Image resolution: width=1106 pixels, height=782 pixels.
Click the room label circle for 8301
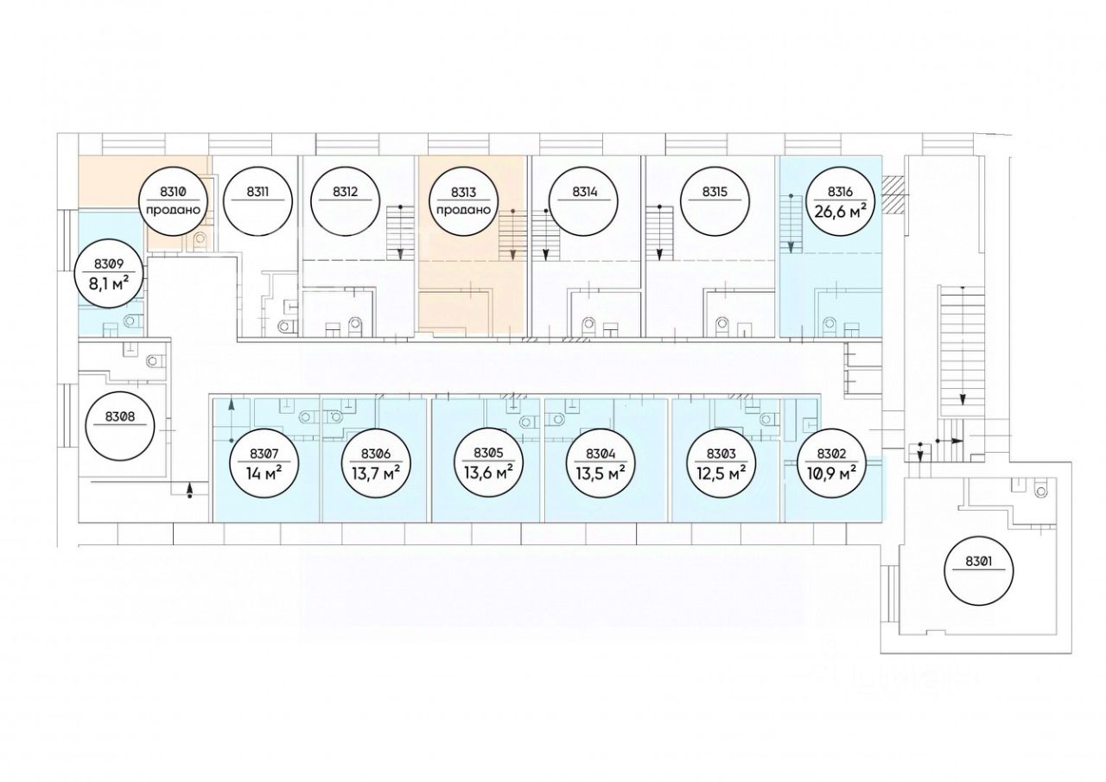[x=978, y=570]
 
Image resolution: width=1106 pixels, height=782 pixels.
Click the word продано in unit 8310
[x=174, y=210]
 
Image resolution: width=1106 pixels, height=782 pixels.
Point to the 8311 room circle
[x=257, y=201]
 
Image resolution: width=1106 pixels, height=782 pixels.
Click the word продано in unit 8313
[x=463, y=210]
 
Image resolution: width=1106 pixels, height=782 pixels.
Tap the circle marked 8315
[x=714, y=201]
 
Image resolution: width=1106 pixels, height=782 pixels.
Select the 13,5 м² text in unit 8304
[x=601, y=474]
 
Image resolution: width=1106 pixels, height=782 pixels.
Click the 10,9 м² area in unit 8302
[x=827, y=474]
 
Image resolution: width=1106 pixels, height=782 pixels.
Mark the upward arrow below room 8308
[x=189, y=491]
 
